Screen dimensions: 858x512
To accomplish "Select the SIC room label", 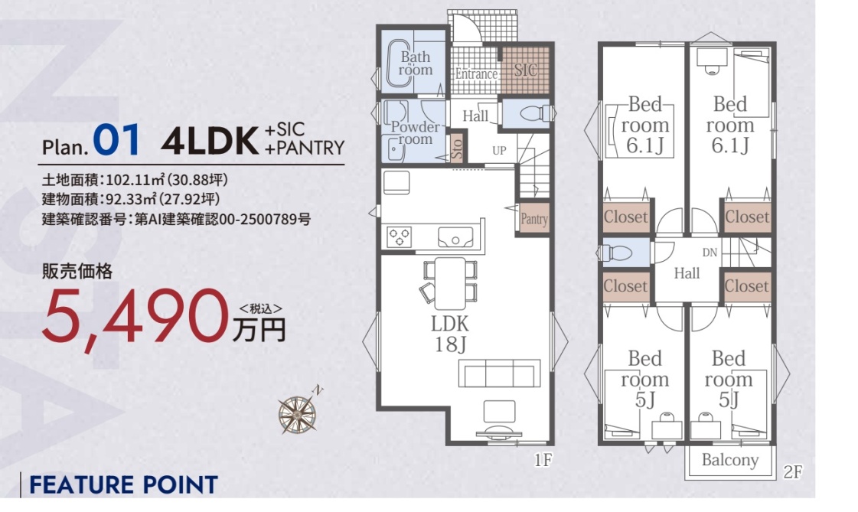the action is (x=525, y=70).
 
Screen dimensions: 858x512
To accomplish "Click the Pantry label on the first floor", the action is (x=534, y=220).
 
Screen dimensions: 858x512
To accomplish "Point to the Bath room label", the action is (x=416, y=64).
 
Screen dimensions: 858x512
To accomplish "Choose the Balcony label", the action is (x=730, y=460).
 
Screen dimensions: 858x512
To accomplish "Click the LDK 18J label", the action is (x=450, y=334).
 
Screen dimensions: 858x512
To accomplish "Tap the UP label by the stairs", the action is (x=499, y=151).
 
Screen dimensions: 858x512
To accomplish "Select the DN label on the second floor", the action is (x=710, y=253).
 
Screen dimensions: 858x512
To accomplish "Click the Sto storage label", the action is (x=458, y=148).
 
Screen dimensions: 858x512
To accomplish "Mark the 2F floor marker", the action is (x=792, y=471).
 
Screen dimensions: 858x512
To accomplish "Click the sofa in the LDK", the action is (x=500, y=373).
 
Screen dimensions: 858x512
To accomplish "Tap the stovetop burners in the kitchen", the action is (x=399, y=237).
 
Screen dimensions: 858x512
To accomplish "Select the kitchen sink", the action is (x=455, y=236).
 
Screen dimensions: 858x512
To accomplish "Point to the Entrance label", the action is (x=476, y=73).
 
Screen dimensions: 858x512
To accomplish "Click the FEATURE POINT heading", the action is (x=123, y=485).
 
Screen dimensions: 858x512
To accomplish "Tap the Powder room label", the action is (x=416, y=133).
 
